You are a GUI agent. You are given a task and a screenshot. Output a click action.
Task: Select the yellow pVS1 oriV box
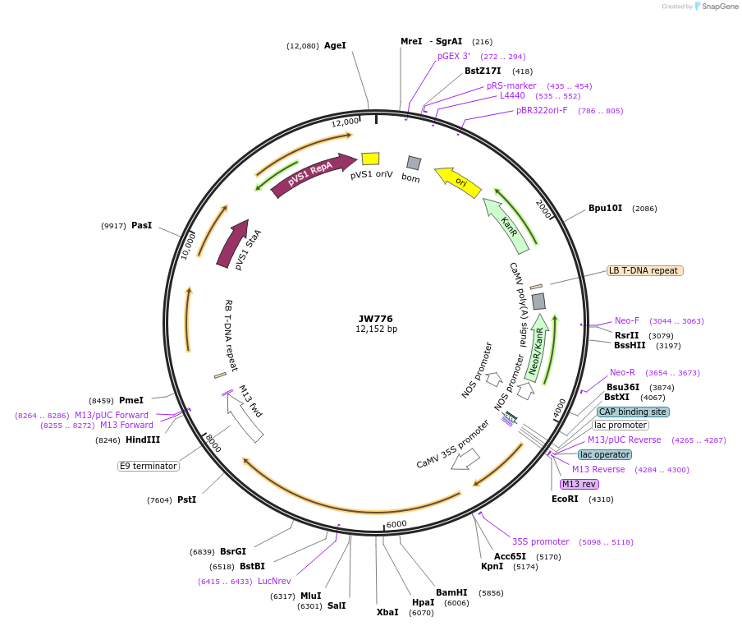pyautogui.click(x=370, y=159)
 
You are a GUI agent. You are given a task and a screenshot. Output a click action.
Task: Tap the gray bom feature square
pyautogui.click(x=414, y=163)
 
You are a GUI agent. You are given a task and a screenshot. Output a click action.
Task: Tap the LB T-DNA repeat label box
pyautogui.click(x=644, y=270)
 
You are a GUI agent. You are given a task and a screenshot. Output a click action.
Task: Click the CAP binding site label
pyautogui.click(x=633, y=412)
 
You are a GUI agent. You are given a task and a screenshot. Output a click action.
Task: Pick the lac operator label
pyautogui.click(x=605, y=454)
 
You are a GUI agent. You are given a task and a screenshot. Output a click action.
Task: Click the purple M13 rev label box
pyautogui.click(x=579, y=484)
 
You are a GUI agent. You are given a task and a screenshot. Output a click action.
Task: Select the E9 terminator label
pyautogui.click(x=149, y=466)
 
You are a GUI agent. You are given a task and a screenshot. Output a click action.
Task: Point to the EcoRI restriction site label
pyautogui.click(x=565, y=499)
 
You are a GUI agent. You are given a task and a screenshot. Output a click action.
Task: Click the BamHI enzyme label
pyautogui.click(x=451, y=592)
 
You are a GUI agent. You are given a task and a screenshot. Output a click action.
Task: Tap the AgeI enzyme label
pyautogui.click(x=335, y=46)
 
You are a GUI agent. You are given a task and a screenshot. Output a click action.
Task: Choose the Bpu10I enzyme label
pyautogui.click(x=606, y=208)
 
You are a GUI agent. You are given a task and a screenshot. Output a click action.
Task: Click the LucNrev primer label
pyautogui.click(x=274, y=581)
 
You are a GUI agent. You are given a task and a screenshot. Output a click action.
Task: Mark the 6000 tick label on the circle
pyautogui.click(x=396, y=524)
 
